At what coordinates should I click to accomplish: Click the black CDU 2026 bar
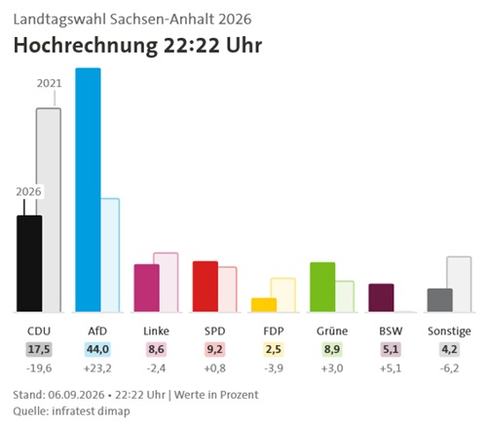29,263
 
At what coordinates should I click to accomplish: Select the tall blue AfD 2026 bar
88,190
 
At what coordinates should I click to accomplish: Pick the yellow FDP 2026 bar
264,305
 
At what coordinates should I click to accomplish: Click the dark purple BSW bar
381,297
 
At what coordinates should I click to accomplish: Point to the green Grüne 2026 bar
322,287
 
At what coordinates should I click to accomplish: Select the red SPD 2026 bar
206,287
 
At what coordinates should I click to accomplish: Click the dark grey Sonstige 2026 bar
440,300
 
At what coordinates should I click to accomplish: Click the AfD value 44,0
97,350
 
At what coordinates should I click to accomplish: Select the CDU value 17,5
39,350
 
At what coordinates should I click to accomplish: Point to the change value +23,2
97,369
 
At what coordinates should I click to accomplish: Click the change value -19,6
39,369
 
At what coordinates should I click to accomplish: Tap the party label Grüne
332,331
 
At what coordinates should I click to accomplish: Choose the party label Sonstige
449,331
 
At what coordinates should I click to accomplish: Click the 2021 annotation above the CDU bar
49,84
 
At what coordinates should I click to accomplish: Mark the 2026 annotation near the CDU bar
28,192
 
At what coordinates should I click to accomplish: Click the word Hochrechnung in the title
86,46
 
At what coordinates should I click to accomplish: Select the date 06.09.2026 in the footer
76,395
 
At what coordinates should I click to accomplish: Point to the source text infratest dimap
91,411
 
